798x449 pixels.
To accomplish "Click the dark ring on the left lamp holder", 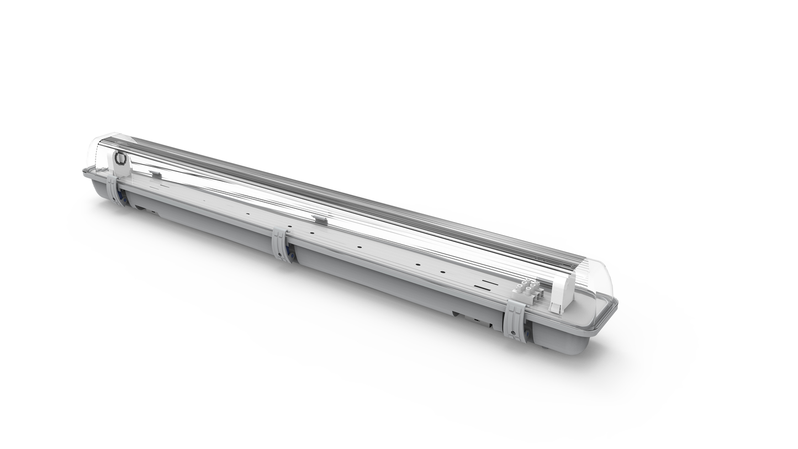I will point(120,159).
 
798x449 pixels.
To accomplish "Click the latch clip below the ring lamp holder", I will point(115,191).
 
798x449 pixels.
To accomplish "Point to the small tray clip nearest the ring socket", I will point(156,175).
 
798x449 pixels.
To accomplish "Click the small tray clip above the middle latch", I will point(320,220).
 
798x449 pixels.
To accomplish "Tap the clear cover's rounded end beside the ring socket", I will point(97,149).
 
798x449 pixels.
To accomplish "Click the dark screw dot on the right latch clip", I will point(513,332).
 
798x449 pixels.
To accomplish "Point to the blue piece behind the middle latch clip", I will point(289,254).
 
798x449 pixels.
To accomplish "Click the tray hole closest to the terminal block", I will point(442,272).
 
